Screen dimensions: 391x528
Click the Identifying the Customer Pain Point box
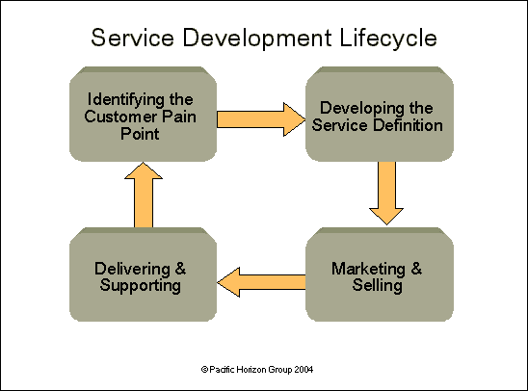tap(143, 117)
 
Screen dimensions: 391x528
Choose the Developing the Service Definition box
tap(380, 117)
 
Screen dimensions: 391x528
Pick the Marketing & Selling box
tap(380, 276)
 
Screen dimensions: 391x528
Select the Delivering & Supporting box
tap(143, 276)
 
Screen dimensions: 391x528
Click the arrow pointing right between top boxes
tap(259, 118)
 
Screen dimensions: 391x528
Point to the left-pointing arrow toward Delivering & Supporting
tap(261, 280)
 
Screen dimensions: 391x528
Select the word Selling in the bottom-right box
tap(379, 285)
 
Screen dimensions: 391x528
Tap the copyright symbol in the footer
tap(204, 369)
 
